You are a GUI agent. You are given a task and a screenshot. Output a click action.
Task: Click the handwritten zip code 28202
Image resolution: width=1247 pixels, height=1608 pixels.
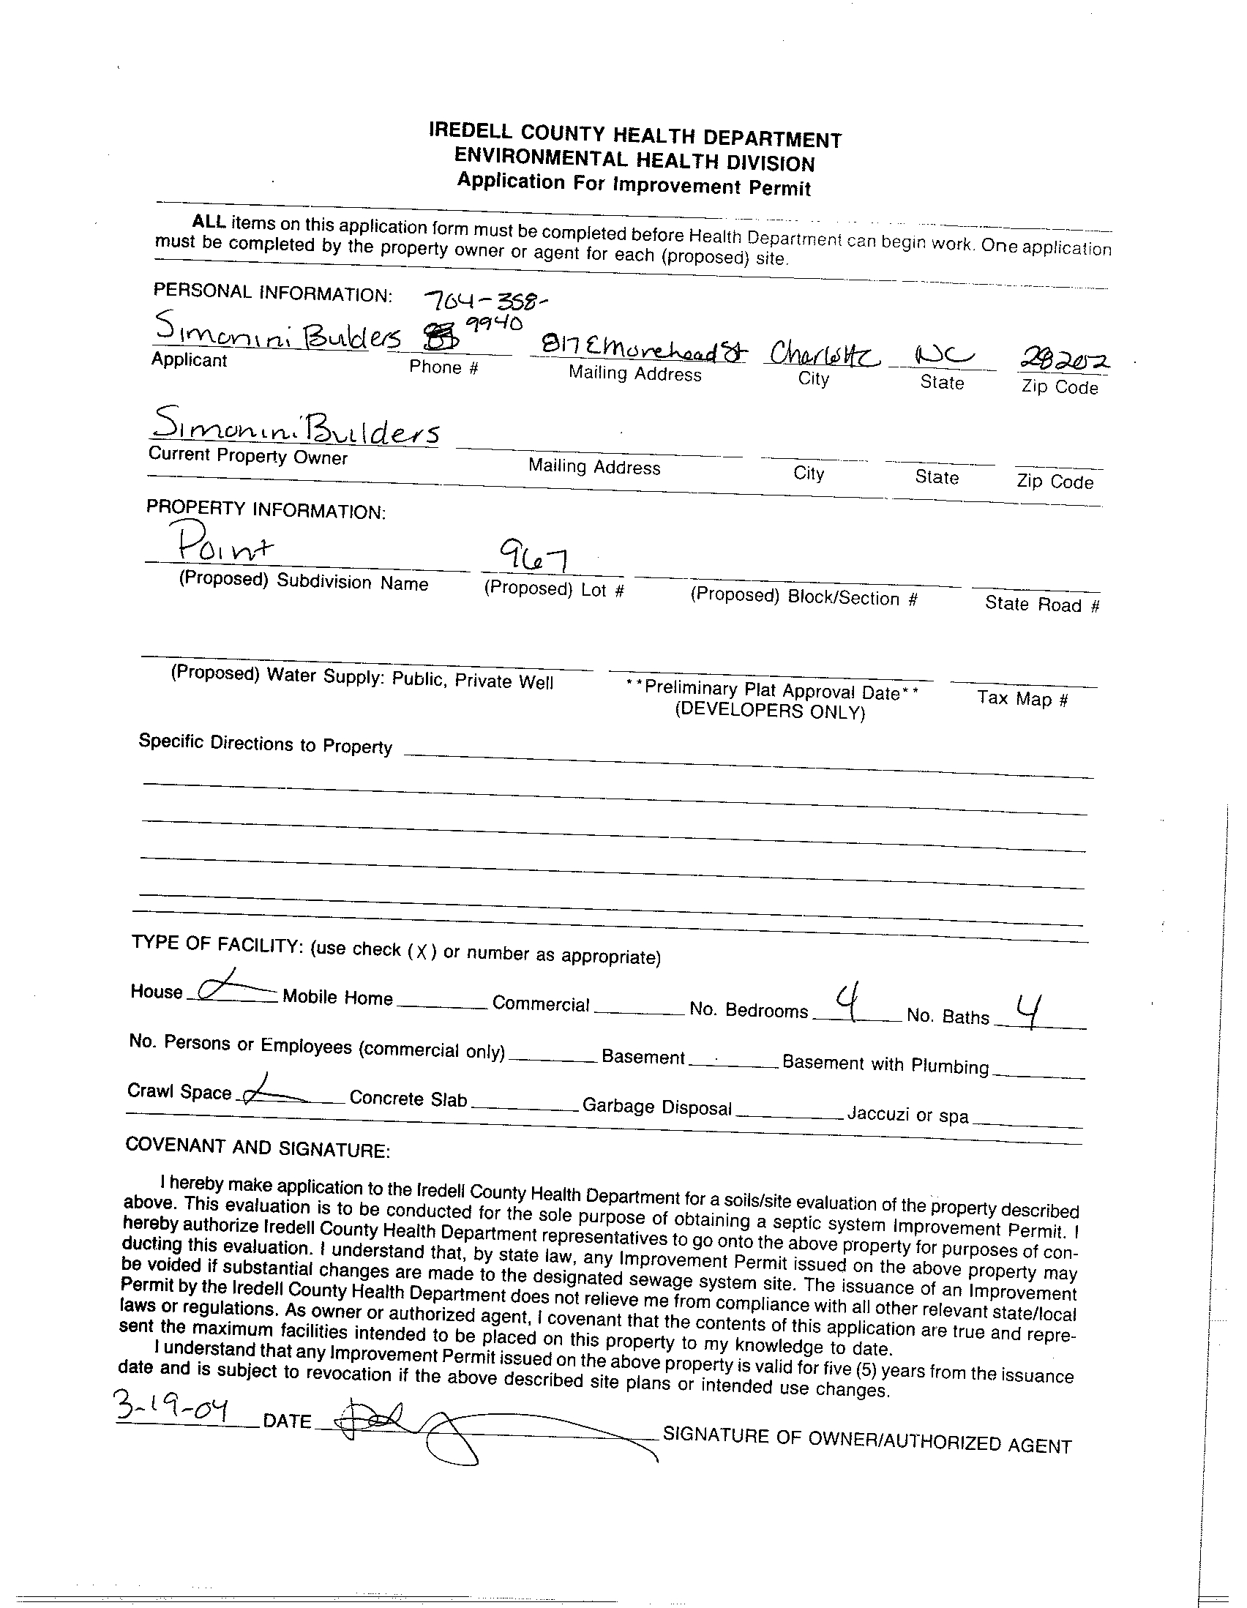[1066, 361]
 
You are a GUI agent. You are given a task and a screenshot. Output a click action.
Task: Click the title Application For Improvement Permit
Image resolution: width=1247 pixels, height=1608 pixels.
[633, 183]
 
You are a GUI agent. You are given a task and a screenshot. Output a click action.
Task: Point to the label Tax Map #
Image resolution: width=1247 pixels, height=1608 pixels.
[1022, 698]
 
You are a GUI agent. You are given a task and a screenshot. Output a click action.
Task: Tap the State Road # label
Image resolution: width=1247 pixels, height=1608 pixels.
[1041, 605]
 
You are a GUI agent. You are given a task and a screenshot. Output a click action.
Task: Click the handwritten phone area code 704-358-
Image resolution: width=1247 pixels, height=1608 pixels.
[486, 300]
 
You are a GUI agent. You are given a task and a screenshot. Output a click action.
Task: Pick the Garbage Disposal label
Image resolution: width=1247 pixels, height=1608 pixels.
[656, 1107]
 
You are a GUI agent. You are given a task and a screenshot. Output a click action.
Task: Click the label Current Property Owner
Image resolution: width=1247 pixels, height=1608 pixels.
[247, 456]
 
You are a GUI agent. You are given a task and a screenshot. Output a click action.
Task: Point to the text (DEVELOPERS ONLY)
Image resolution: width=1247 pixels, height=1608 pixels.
[769, 711]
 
